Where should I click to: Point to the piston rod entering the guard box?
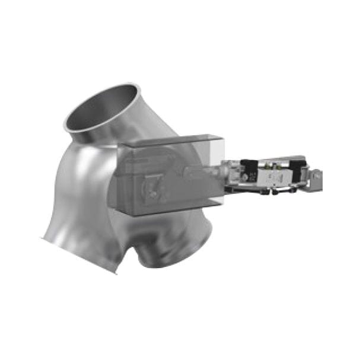(202, 173)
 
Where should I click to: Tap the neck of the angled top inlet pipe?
(128, 133)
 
